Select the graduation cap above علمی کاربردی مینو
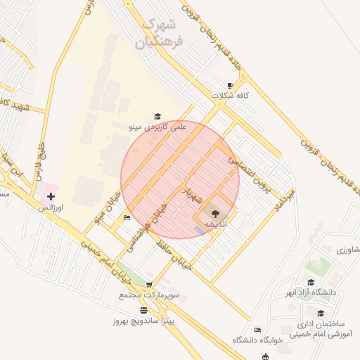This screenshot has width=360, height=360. pos(157,117)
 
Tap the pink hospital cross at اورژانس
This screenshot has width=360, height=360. pos(51,196)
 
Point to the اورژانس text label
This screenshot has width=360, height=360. pos(51,208)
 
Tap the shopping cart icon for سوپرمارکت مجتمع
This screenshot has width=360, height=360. pos(148,284)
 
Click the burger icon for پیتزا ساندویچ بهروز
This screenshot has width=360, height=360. pos(144,310)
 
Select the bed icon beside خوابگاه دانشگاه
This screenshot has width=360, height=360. pos(258,330)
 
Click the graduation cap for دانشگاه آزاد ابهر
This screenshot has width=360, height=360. pos(310,282)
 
